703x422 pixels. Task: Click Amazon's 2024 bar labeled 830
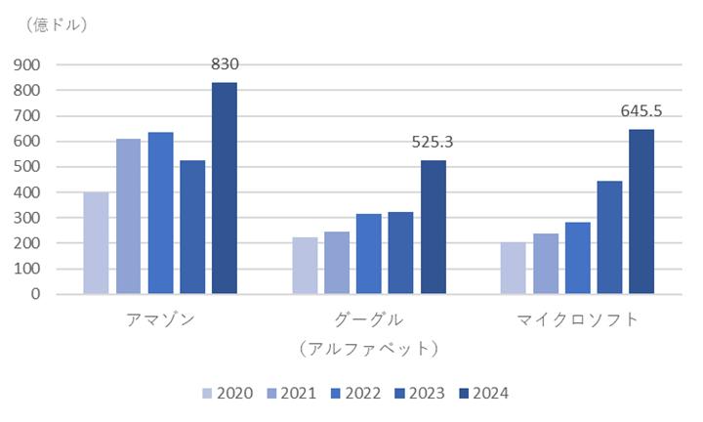pyautogui.click(x=225, y=189)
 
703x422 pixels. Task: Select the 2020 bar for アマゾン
pyautogui.click(x=97, y=243)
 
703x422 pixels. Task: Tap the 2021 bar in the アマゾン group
pyautogui.click(x=128, y=217)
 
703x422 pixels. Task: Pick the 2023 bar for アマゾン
pyautogui.click(x=192, y=228)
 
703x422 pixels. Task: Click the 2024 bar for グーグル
pyautogui.click(x=434, y=228)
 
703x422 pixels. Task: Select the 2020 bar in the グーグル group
pyautogui.click(x=306, y=266)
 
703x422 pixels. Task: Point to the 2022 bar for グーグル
pyautogui.click(x=369, y=254)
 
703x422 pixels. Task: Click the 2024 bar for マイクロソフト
pyautogui.click(x=641, y=212)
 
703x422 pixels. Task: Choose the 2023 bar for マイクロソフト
pyautogui.click(x=609, y=237)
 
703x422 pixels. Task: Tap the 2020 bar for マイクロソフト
pyautogui.click(x=514, y=269)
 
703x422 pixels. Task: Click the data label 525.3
pyautogui.click(x=433, y=143)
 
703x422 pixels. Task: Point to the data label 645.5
pyautogui.click(x=641, y=110)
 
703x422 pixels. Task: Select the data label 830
pyautogui.click(x=225, y=64)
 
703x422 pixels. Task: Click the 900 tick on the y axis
pyautogui.click(x=27, y=65)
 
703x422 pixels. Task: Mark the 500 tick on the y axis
pyautogui.click(x=27, y=167)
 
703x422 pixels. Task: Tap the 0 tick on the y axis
pyautogui.click(x=35, y=294)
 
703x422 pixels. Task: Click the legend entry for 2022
pyautogui.click(x=356, y=394)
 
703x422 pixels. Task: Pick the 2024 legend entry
pyautogui.click(x=484, y=394)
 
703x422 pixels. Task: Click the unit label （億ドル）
pyautogui.click(x=56, y=24)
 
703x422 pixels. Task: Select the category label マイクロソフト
pyautogui.click(x=577, y=319)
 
